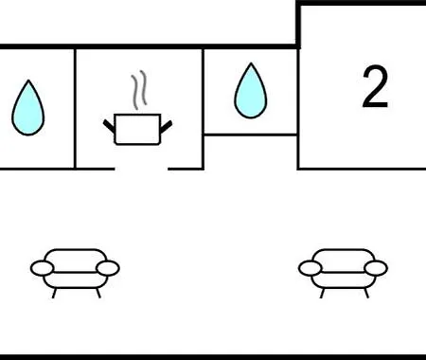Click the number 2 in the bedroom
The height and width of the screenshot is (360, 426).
375,88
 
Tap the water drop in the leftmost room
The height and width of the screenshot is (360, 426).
27,107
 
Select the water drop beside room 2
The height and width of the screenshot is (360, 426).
250,91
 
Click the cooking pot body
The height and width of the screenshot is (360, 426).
139,130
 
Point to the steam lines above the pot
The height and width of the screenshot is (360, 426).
140,90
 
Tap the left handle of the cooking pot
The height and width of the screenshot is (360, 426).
109,122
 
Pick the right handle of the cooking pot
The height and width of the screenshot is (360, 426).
169,122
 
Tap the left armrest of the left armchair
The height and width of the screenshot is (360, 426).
44,269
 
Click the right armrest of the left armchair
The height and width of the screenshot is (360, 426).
108,269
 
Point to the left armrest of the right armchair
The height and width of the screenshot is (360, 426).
311,269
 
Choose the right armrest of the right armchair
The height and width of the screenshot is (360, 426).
376,269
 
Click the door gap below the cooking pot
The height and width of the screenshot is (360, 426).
142,168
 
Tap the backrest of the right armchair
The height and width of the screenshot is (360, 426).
343,256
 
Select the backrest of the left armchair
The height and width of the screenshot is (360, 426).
76,256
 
